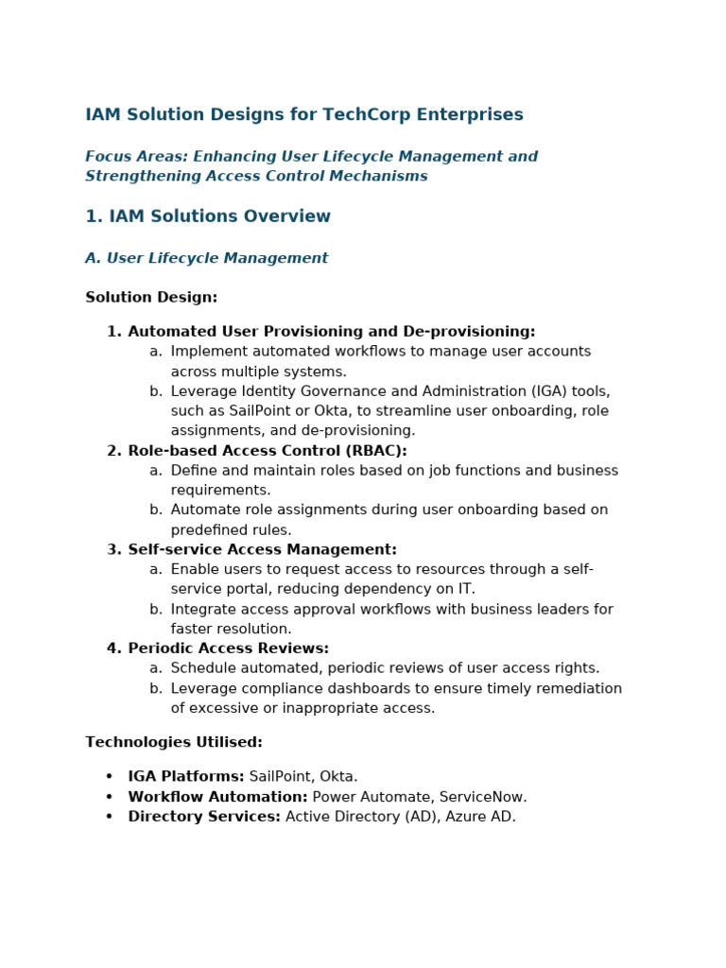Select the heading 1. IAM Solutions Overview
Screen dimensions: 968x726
pyautogui.click(x=208, y=216)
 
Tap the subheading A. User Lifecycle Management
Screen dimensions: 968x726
pyautogui.click(x=206, y=258)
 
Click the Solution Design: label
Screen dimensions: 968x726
pyautogui.click(x=151, y=298)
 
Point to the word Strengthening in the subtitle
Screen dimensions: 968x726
pyautogui.click(x=138, y=177)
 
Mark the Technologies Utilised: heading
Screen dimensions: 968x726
pyautogui.click(x=174, y=743)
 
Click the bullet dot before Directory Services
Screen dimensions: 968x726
pyautogui.click(x=110, y=817)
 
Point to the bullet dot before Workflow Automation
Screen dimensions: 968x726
pyautogui.click(x=110, y=797)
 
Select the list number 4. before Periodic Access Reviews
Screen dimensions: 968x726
pyautogui.click(x=114, y=648)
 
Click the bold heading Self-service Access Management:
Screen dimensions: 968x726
pyautogui.click(x=262, y=550)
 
